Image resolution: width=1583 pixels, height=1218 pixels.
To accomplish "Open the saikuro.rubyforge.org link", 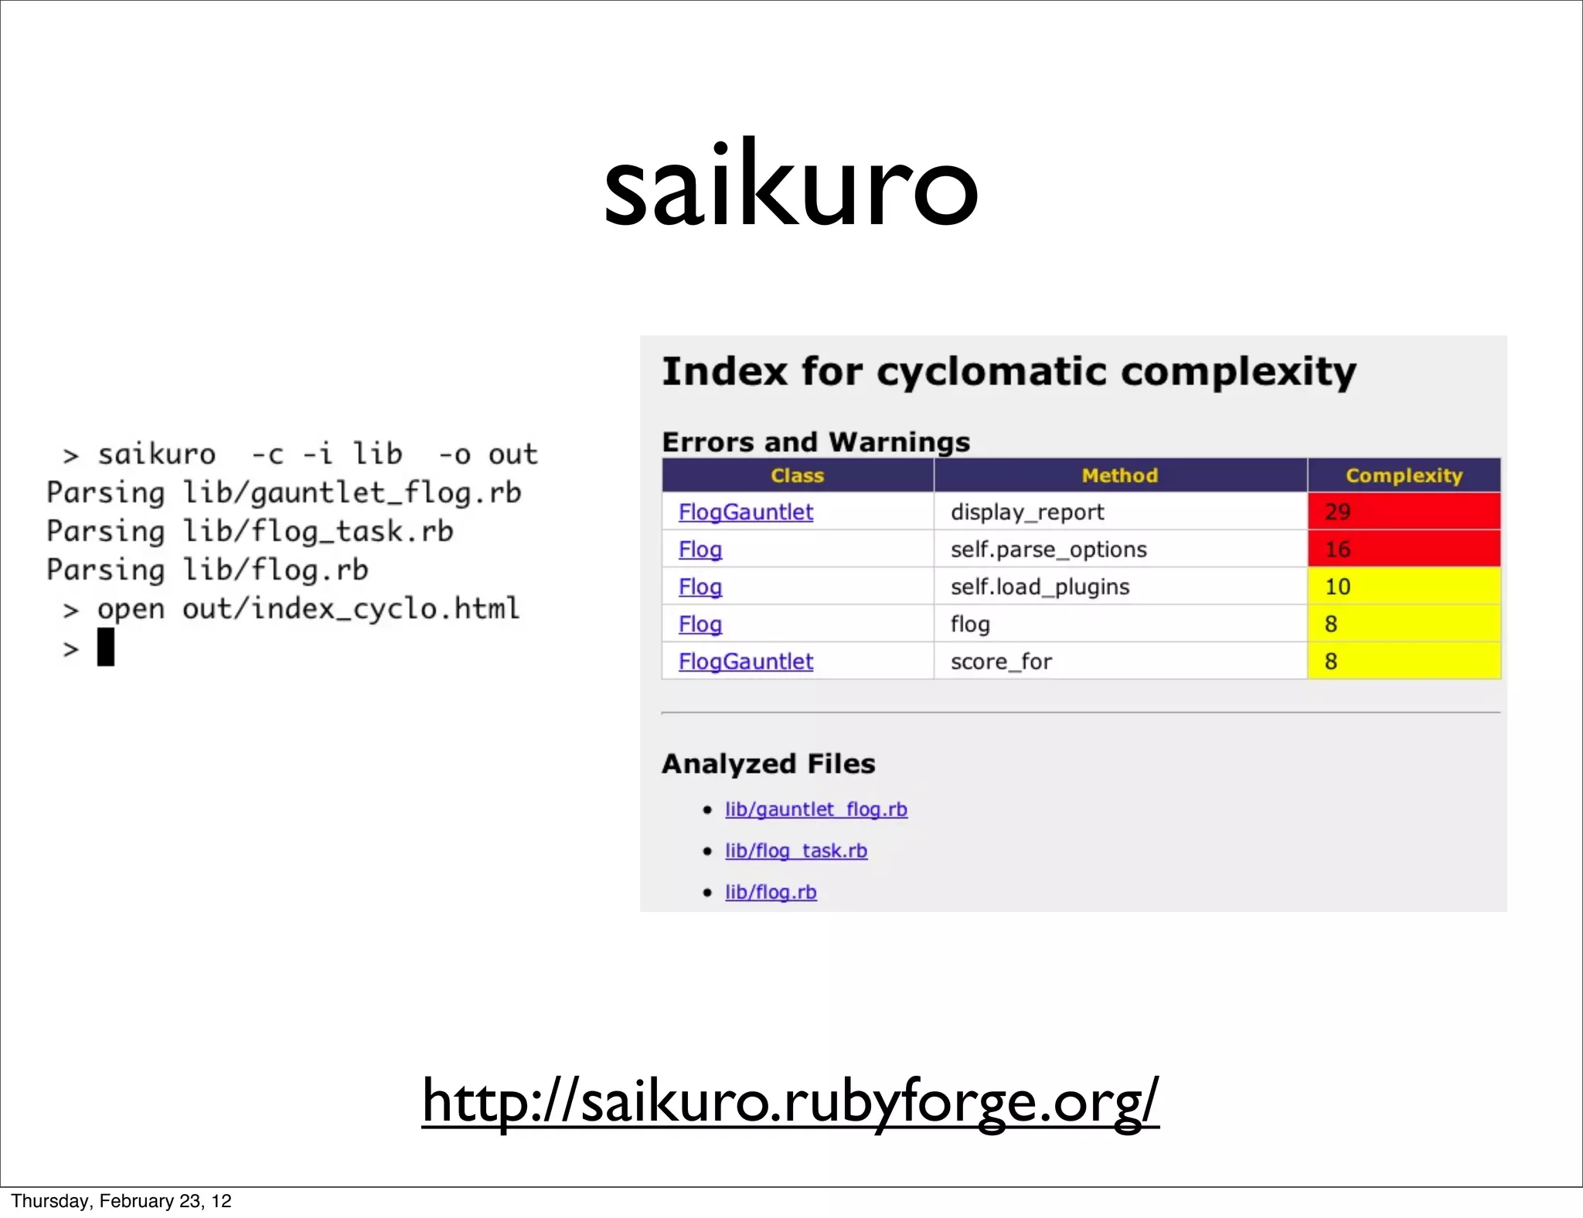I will tap(790, 1101).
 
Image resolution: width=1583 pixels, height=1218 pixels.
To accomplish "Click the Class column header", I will tap(797, 475).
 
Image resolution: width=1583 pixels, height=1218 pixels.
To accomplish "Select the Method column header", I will tap(1119, 475).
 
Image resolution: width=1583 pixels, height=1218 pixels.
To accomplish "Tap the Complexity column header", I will tap(1404, 475).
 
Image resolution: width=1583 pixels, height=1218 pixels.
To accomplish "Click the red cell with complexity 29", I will tap(1404, 512).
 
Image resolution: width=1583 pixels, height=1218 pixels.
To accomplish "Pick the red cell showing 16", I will tap(1404, 549).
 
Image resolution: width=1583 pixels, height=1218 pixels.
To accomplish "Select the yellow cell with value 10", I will tap(1404, 587).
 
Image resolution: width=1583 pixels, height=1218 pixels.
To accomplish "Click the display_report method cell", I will tap(1027, 512).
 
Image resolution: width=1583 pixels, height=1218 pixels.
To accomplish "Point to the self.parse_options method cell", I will tap(1048, 549).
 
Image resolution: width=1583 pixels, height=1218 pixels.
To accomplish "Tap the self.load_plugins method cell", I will tap(1040, 587).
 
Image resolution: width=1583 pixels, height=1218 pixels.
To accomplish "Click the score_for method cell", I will tap(1001, 662).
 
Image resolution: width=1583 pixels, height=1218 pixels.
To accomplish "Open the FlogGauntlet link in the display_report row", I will tap(746, 512).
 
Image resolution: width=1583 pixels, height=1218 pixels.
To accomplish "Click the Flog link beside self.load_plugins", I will tap(700, 587).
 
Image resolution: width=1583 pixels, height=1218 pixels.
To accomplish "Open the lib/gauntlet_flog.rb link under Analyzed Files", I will tap(815, 809).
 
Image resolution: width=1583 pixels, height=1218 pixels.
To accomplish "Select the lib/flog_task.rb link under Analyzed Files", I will tap(795, 850).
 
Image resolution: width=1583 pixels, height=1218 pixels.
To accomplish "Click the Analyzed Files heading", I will tap(768, 764).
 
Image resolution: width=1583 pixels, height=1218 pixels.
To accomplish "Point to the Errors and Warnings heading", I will tap(815, 442).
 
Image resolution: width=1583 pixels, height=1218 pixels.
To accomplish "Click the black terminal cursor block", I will tap(106, 647).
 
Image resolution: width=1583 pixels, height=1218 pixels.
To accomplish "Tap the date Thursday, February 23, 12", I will tap(121, 1200).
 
